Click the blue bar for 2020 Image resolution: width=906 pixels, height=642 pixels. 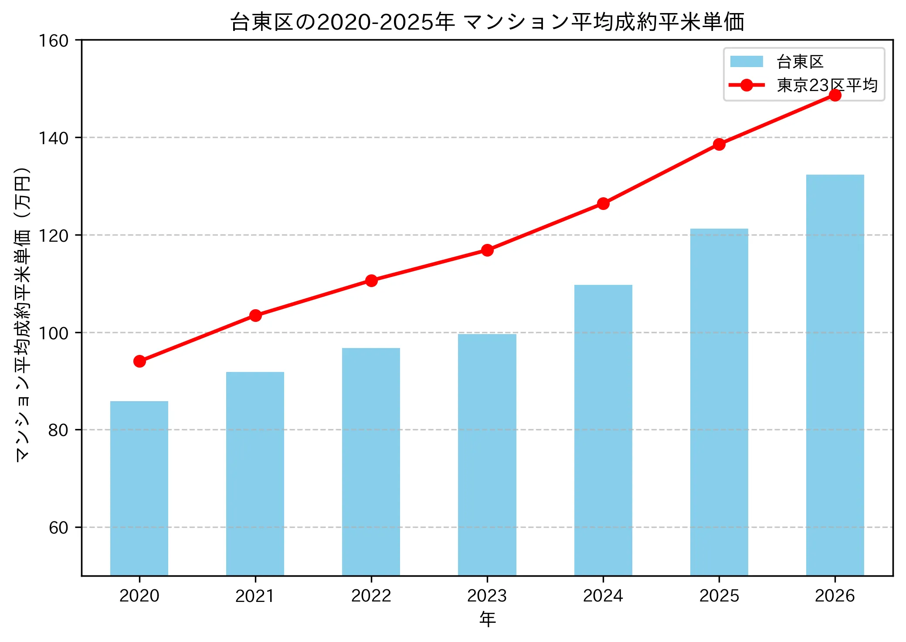coord(139,488)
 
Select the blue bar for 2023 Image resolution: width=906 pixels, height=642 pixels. coord(487,455)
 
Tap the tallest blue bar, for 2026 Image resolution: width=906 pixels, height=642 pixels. coord(835,375)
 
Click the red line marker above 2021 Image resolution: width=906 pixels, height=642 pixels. coord(255,315)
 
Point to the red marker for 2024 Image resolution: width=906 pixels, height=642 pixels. coord(603,203)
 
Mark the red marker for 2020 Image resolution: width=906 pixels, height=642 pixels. coord(139,361)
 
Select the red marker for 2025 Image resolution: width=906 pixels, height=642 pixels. coord(719,144)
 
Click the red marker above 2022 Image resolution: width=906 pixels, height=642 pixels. coord(371,280)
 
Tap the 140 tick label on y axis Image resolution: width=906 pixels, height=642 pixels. coord(54,138)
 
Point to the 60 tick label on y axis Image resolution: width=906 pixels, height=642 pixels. coord(58,527)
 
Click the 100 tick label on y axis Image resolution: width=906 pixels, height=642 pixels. coord(54,333)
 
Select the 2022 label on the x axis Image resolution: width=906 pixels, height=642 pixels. coord(371,596)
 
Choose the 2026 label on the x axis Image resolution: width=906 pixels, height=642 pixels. coord(835,596)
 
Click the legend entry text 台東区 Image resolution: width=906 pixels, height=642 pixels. coord(800,62)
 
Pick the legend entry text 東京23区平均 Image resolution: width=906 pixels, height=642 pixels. coord(827,85)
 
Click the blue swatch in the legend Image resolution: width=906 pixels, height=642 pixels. coord(747,61)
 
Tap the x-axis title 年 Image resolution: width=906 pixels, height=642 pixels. coord(487,619)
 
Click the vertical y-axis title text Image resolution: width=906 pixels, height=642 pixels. coord(23,314)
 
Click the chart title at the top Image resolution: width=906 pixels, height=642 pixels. coord(487,22)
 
